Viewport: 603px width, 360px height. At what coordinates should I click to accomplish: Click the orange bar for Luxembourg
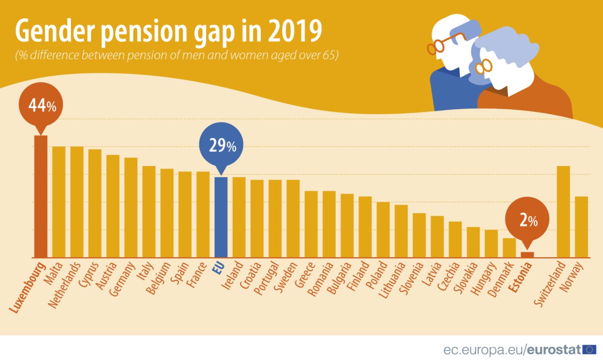(x=40, y=196)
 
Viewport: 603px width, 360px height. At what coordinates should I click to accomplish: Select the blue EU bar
(x=221, y=217)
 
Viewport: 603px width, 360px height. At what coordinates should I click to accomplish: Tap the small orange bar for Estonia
(x=527, y=255)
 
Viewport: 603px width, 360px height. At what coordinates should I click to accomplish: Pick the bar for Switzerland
(x=563, y=211)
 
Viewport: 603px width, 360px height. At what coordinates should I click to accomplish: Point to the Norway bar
(x=582, y=227)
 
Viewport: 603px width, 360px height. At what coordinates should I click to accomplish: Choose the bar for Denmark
(x=509, y=247)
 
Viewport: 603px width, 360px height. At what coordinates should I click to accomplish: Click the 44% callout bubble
(x=41, y=106)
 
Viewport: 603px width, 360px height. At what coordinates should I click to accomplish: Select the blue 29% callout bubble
(x=221, y=145)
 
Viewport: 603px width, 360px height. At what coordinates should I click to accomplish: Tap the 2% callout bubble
(x=527, y=220)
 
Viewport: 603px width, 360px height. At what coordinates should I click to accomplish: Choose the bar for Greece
(x=311, y=224)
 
